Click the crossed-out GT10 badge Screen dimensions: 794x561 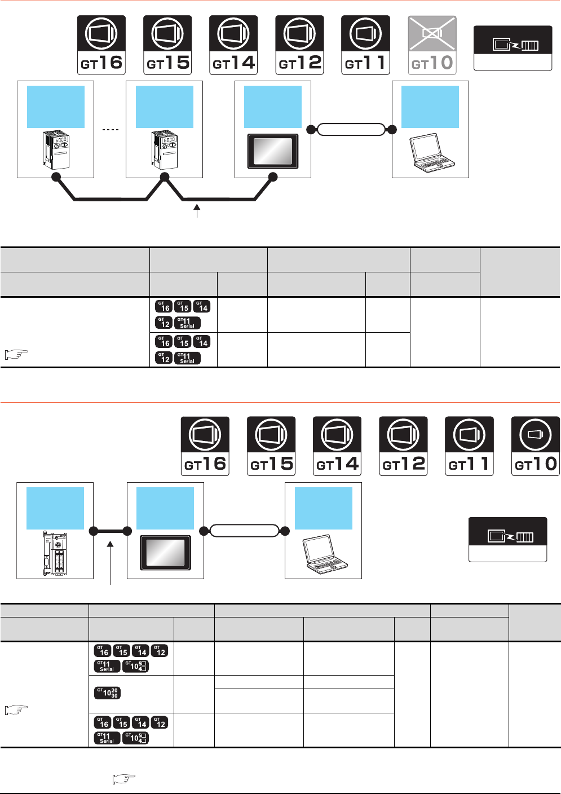pyautogui.click(x=432, y=45)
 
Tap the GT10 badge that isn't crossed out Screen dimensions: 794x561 pyautogui.click(x=535, y=446)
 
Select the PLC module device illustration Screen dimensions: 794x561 pyautogui.click(x=55, y=553)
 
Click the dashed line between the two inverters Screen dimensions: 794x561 pyautogui.click(x=111, y=130)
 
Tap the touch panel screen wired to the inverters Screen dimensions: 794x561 pyautogui.click(x=272, y=151)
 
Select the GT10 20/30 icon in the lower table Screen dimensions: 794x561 pyautogui.click(x=107, y=692)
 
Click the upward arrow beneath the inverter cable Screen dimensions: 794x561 pyautogui.click(x=197, y=211)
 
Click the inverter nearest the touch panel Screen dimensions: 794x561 pyautogui.click(x=165, y=150)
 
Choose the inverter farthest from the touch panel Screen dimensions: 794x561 pyautogui.click(x=56, y=150)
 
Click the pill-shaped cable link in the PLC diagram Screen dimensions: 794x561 pyautogui.click(x=244, y=531)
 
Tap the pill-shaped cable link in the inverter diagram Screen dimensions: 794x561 pyautogui.click(x=351, y=130)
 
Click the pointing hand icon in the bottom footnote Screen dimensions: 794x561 pyautogui.click(x=124, y=779)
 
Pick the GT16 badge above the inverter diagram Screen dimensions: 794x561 pyautogui.click(x=101, y=45)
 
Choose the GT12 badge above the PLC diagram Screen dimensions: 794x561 pyautogui.click(x=403, y=446)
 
